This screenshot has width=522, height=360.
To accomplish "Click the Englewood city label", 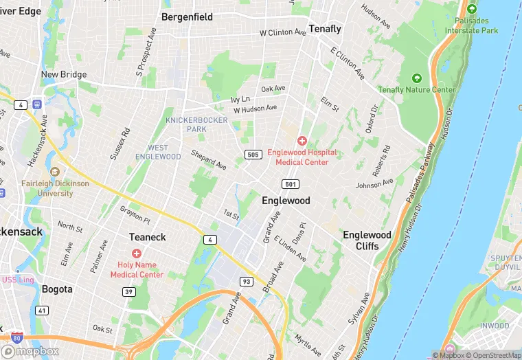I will point(286,201).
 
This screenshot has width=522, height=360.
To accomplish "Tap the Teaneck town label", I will point(148,237).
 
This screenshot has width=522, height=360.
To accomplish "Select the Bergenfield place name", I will point(187,16).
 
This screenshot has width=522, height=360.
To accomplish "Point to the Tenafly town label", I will point(325,29).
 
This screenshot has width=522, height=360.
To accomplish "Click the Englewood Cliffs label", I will point(367,240).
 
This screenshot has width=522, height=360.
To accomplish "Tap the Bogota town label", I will point(57,289).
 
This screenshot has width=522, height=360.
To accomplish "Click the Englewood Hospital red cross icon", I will point(302,140).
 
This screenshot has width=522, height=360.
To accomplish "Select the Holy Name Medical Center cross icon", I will point(137,254).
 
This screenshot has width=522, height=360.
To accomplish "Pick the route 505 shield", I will point(253,155).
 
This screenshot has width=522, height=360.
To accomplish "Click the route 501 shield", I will point(290,183).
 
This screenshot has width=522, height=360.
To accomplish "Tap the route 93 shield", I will point(246,281).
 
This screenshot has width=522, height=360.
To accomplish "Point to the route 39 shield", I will point(128,292).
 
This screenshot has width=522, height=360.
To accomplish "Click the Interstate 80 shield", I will point(16,337).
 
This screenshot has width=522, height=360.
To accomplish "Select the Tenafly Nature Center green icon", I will point(417,78).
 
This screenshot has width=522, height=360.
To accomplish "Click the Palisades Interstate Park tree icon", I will point(471,9).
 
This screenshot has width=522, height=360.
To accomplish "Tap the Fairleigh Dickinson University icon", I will point(54,172).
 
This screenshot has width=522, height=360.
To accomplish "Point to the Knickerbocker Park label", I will point(186,124).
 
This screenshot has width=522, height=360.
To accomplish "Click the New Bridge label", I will point(64,74).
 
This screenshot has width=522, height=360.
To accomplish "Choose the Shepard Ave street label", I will point(209,160).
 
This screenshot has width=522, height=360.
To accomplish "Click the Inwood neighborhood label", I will point(495,325).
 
